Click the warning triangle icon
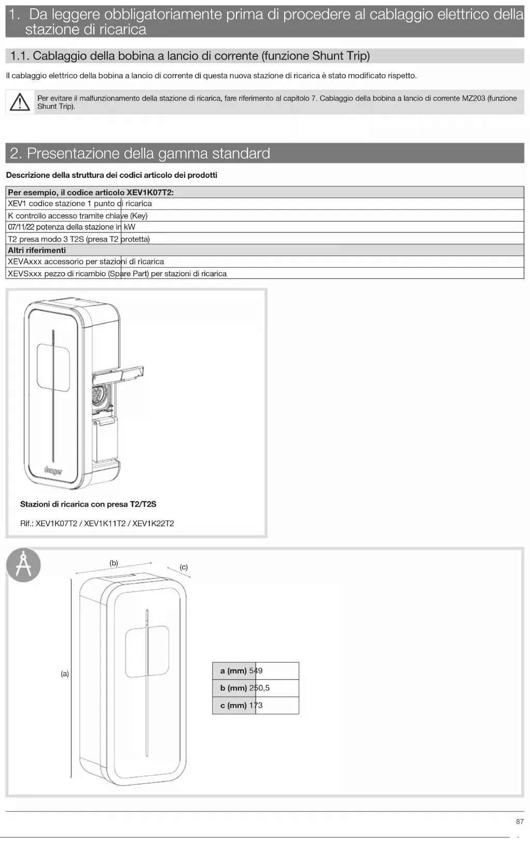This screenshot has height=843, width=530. point(20,102)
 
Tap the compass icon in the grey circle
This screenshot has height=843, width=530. point(23,565)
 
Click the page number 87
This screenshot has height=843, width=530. point(520,822)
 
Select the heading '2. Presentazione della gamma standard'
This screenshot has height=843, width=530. point(140,153)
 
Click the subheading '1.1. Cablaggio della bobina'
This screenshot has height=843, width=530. point(190,56)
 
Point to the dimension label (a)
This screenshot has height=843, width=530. point(65,674)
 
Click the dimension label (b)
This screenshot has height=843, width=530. point(114,563)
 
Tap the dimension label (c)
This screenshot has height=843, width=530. point(184,567)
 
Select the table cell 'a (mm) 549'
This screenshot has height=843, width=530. point(255,671)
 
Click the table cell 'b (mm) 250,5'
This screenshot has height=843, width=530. point(255,688)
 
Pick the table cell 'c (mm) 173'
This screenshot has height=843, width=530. point(255,705)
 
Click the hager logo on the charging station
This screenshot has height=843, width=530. point(53,471)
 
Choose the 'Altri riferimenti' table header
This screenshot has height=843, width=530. point(37,250)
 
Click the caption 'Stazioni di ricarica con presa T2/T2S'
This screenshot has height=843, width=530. point(88,504)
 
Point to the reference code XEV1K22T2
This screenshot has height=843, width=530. point(153,524)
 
